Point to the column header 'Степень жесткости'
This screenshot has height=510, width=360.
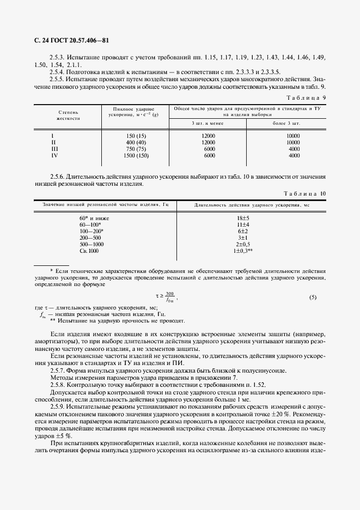click(69, 114)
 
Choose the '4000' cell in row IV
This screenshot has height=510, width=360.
click(294, 155)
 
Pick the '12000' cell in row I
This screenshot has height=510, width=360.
click(208, 136)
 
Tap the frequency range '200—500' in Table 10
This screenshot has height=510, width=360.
click(90, 238)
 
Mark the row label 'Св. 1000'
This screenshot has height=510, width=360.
click(89, 251)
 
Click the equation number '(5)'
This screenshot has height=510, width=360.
click(313, 297)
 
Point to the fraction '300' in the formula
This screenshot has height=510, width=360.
click(170, 294)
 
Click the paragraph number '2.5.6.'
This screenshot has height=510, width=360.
click(57, 177)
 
